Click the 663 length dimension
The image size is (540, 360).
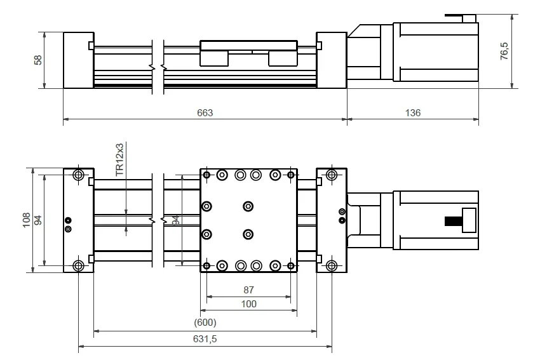tap(205, 113)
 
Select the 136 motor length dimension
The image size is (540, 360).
tap(413, 113)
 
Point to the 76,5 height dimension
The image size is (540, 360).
tap(504, 51)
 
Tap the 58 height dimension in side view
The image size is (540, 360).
tap(38, 60)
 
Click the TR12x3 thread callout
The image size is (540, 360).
tap(119, 160)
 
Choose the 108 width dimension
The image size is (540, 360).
tap(26, 220)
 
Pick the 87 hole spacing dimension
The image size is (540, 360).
tap(248, 290)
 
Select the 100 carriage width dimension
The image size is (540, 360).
tap(248, 304)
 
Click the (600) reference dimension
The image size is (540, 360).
tap(205, 323)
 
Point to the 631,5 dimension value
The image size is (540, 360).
tap(205, 339)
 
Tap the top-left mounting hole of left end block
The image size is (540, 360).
tap(79, 175)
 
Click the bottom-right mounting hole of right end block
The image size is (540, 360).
tap(332, 265)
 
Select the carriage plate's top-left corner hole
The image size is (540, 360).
tap(206, 175)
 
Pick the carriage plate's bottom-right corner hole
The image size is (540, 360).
tap(291, 265)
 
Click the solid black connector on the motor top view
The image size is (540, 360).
tap(454, 221)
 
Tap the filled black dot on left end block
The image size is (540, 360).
tap(68, 220)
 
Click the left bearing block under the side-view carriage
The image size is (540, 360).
tap(214, 58)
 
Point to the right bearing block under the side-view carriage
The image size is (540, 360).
tap(283, 58)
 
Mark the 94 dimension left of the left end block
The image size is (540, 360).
tap(38, 220)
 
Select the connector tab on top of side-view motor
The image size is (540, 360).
tap(461, 18)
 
